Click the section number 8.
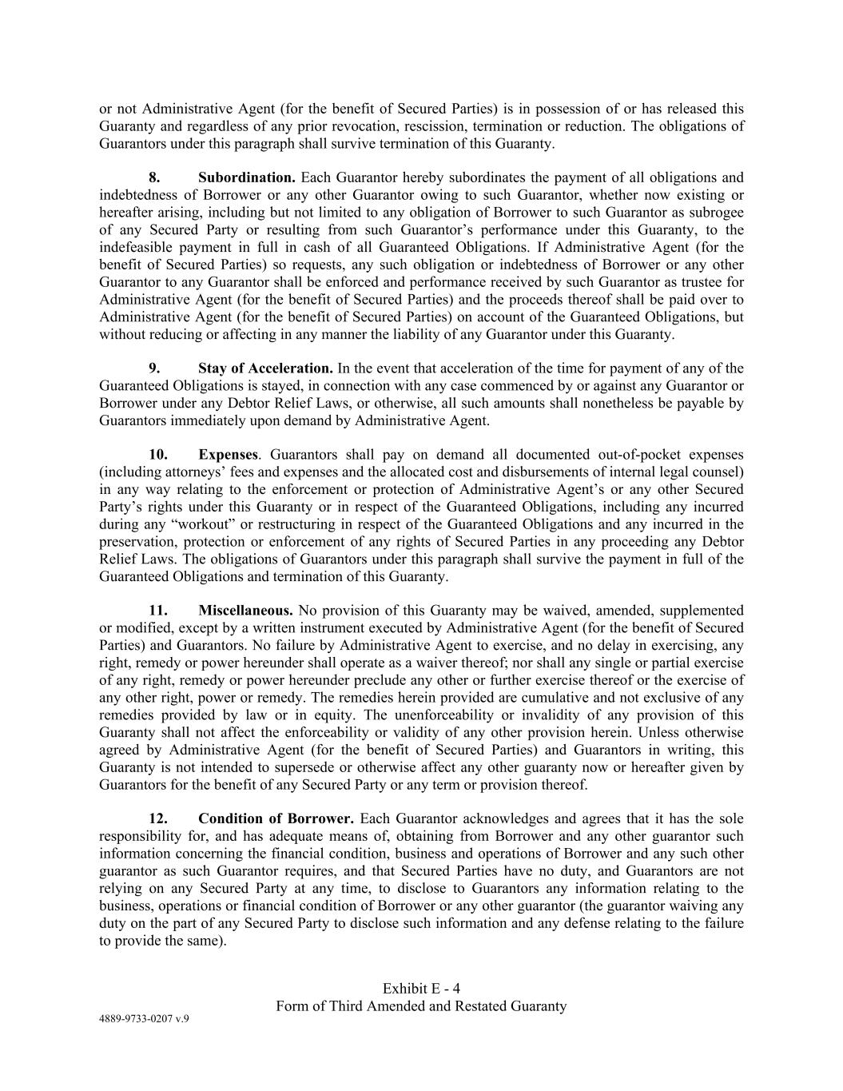coord(154,177)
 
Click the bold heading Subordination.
coord(247,177)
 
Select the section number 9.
coord(154,368)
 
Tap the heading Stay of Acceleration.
coord(265,368)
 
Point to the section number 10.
coord(157,455)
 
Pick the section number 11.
coord(157,611)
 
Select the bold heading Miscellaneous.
coord(245,611)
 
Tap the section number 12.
coord(157,819)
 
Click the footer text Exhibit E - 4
coord(421,989)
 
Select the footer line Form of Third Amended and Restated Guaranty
coord(421,1006)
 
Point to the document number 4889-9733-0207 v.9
coord(144,1019)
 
